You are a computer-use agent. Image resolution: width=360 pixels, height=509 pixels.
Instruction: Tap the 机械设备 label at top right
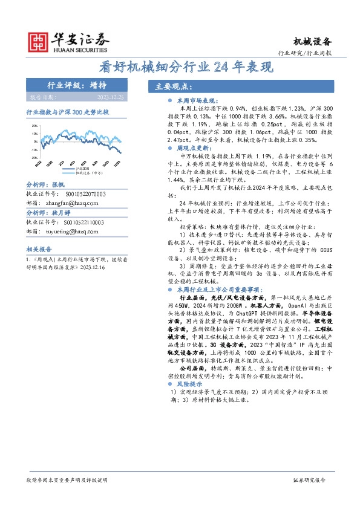[313, 41]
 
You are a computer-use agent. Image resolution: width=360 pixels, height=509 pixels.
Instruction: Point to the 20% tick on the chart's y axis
[34, 126]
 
